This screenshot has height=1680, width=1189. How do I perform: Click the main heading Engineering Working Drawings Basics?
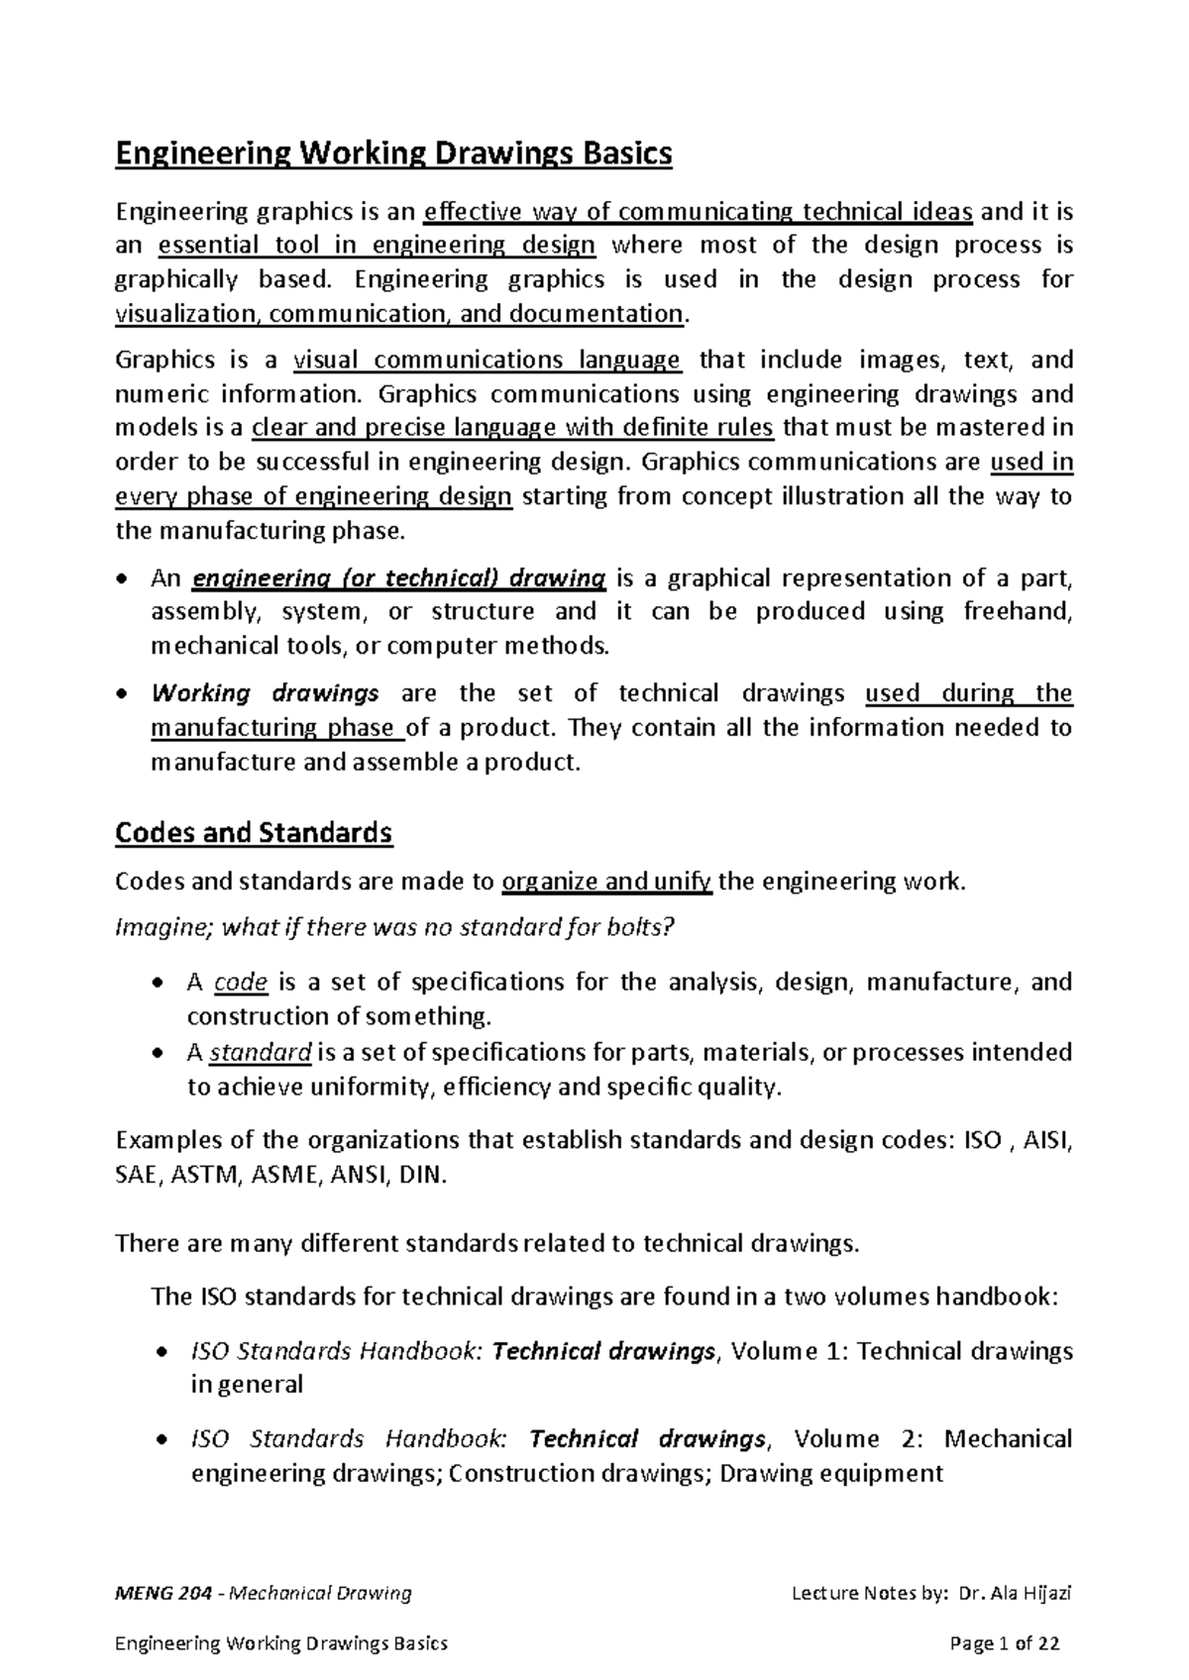[393, 155]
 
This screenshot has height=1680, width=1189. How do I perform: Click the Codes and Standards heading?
[254, 832]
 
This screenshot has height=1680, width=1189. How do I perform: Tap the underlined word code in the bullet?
[241, 983]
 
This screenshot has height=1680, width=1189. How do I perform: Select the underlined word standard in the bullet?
[262, 1051]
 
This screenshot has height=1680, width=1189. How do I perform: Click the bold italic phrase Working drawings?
[265, 692]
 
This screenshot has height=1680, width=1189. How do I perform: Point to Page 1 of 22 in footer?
[1004, 1643]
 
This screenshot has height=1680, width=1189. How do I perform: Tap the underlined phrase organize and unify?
[606, 882]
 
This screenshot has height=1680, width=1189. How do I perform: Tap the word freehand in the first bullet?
[1017, 611]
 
